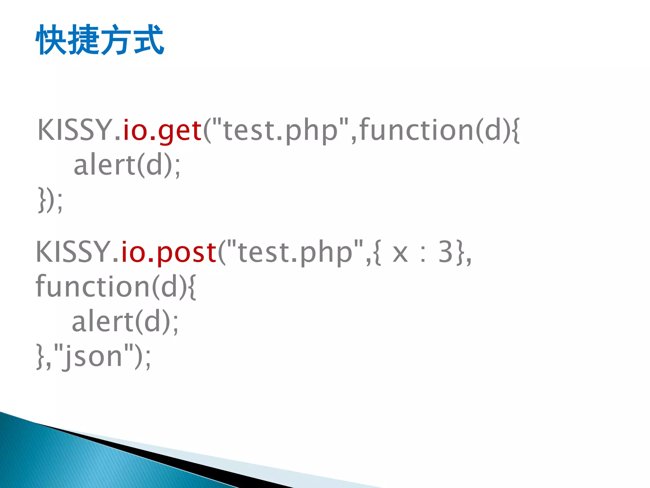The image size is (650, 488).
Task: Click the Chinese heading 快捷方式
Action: click(100, 40)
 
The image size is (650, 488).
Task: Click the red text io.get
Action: click(162, 130)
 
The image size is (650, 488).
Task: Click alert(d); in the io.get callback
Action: click(127, 165)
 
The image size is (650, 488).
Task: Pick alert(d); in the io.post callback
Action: click(125, 322)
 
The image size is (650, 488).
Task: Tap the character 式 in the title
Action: click(149, 40)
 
